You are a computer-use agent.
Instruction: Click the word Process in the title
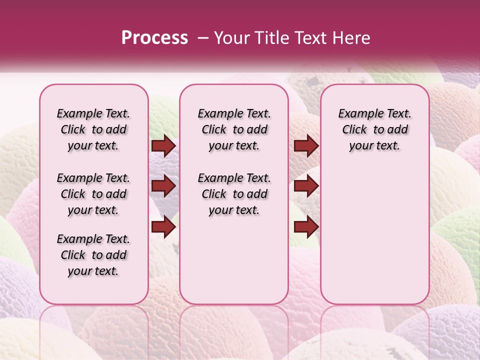(x=154, y=37)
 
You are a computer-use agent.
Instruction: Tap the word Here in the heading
(x=350, y=37)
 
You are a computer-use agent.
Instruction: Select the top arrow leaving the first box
(x=163, y=146)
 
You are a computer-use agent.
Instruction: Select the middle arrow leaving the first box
(x=163, y=186)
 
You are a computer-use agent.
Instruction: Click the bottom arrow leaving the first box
(x=163, y=227)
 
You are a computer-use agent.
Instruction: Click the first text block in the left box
(x=93, y=129)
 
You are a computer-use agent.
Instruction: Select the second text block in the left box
(x=93, y=194)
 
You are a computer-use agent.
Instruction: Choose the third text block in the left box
(x=93, y=255)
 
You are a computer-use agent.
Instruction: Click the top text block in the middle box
(x=234, y=129)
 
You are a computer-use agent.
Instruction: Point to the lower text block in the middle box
(x=234, y=194)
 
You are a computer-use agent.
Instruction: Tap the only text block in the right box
(x=374, y=129)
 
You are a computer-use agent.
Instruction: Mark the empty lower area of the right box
(x=374, y=230)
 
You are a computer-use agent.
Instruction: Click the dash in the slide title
(x=202, y=37)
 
